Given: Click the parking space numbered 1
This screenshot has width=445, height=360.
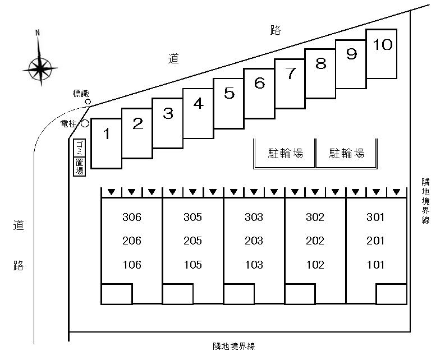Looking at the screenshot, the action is point(107,144).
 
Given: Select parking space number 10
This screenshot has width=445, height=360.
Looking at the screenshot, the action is point(382,54).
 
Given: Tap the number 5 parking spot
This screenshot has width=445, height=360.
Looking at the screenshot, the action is point(229,104).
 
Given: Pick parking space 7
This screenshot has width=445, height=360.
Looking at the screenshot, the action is point(290,84).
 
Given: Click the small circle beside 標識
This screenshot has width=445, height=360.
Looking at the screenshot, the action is point(88,101).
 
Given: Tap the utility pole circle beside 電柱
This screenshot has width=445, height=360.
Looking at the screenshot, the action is point(85,123).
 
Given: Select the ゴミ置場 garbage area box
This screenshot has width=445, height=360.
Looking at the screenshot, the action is point(80,158).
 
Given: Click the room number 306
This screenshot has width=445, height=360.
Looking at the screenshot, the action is point(132,218).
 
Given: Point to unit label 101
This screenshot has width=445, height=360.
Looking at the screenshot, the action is point(375,265).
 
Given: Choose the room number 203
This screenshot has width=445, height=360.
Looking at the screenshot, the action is point(254,241).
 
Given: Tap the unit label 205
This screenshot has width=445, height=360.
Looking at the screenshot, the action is point(192,241).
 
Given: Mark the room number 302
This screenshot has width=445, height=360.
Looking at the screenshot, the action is point(315,218).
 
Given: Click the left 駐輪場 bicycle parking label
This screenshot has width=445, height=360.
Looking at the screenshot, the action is point(286,153).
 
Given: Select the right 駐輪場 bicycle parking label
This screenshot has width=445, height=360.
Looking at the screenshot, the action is point(347,153).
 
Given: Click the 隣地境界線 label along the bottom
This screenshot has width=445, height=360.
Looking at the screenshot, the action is point(234,347).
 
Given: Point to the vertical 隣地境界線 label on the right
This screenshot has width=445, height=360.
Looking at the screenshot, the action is point(425,201).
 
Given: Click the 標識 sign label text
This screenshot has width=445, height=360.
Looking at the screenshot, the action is point(81,93).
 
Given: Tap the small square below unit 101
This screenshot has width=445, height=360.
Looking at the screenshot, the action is point(392,294).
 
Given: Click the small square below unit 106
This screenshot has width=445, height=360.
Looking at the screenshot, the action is point(117,294).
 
